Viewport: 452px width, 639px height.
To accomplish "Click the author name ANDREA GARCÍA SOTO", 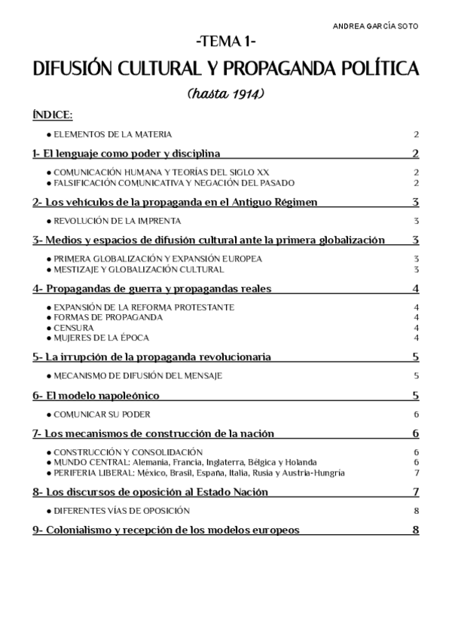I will point(376,26).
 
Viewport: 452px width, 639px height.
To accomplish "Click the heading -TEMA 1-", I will point(227,42).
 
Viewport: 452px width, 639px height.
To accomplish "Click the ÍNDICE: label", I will point(53,115).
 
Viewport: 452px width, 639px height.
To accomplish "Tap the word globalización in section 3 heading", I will point(349,240).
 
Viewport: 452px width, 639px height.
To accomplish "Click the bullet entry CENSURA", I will point(73,328).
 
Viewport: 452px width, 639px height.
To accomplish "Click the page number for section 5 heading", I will point(416,357).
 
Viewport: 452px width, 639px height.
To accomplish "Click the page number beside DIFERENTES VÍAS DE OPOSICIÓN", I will point(416,511).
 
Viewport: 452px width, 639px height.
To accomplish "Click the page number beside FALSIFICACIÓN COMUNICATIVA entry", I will point(416,182).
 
